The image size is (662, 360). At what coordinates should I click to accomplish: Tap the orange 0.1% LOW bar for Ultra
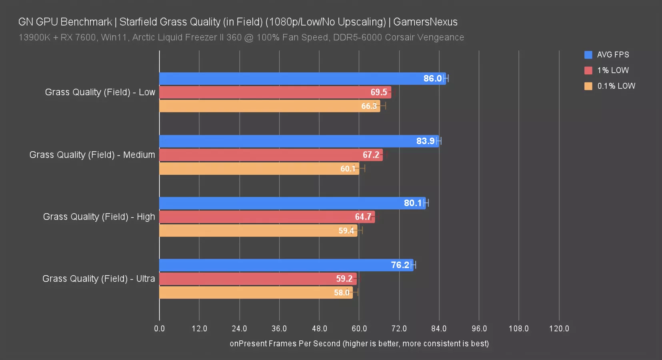pyautogui.click(x=256, y=292)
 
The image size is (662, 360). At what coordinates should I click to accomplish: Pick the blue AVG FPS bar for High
pyautogui.click(x=292, y=203)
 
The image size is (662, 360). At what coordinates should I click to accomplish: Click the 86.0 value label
pyautogui.click(x=432, y=79)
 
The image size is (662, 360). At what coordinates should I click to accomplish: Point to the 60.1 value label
pyautogui.click(x=348, y=169)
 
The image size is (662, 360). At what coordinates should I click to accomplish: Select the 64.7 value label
pyautogui.click(x=363, y=217)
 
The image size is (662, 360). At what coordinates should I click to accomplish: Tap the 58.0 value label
pyautogui.click(x=342, y=293)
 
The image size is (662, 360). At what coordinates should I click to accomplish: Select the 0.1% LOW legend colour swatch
pyautogui.click(x=588, y=86)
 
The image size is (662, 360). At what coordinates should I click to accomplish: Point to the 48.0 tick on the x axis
pyautogui.click(x=319, y=329)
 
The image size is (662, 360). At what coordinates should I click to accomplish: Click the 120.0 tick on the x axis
pyautogui.click(x=559, y=329)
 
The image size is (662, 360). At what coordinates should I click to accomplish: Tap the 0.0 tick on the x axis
pyautogui.click(x=159, y=329)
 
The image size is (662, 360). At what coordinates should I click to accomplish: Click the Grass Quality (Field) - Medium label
pyautogui.click(x=92, y=155)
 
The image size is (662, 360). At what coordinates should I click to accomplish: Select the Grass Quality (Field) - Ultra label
pyautogui.click(x=98, y=279)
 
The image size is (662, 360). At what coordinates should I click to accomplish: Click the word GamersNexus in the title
pyautogui.click(x=425, y=22)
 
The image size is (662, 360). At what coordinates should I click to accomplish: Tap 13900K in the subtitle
pyautogui.click(x=34, y=38)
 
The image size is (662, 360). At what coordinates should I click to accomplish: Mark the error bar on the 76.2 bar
pyautogui.click(x=413, y=265)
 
